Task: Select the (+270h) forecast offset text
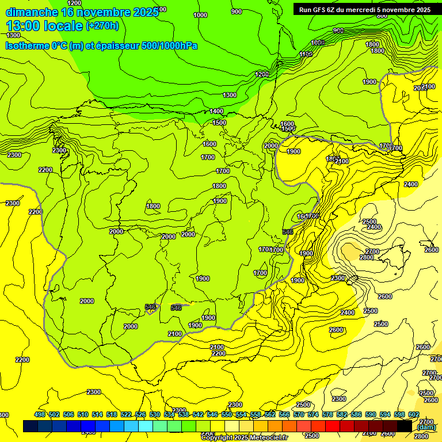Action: [102, 26]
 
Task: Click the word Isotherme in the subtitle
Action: [26, 45]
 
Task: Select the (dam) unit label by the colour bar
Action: [425, 428]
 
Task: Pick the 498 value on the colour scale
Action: [40, 414]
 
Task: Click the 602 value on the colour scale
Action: [414, 414]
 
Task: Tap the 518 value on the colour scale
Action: [112, 414]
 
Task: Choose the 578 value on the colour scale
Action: [327, 414]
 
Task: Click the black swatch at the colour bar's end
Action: [405, 426]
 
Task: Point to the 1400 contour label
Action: [216, 111]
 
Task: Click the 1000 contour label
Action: [200, 16]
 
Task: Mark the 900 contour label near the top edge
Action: [237, 12]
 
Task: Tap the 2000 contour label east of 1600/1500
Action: [271, 146]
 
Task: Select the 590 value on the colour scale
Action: [371, 414]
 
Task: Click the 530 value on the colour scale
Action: [155, 414]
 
